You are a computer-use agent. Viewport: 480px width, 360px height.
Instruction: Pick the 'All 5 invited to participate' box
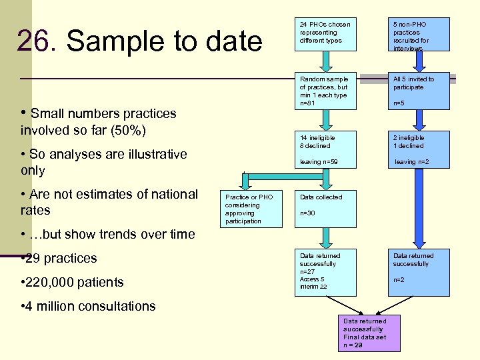pyautogui.click(x=419, y=91)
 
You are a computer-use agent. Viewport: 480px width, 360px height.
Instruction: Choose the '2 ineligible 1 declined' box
pyautogui.click(x=419, y=150)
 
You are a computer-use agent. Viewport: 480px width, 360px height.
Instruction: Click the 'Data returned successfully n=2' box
pyautogui.click(x=419, y=272)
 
